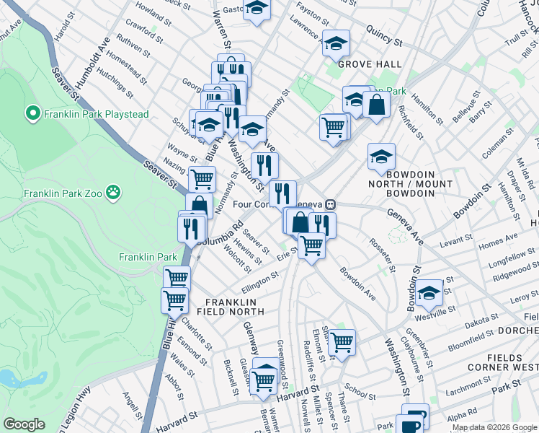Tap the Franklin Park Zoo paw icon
pyautogui.click(x=113, y=193)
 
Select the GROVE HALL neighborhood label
pyautogui.click(x=370, y=64)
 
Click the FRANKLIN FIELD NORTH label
pyautogui.click(x=234, y=306)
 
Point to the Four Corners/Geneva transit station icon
pyautogui.click(x=330, y=204)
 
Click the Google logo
pyautogui.click(x=24, y=424)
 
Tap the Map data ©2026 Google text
pyautogui.click(x=494, y=427)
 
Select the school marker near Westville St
pyautogui.click(x=429, y=292)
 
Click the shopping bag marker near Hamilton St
pyautogui.click(x=376, y=105)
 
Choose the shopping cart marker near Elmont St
pyautogui.click(x=342, y=342)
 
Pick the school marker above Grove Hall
pyautogui.click(x=336, y=43)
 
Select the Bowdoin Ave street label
pyautogui.click(x=358, y=285)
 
